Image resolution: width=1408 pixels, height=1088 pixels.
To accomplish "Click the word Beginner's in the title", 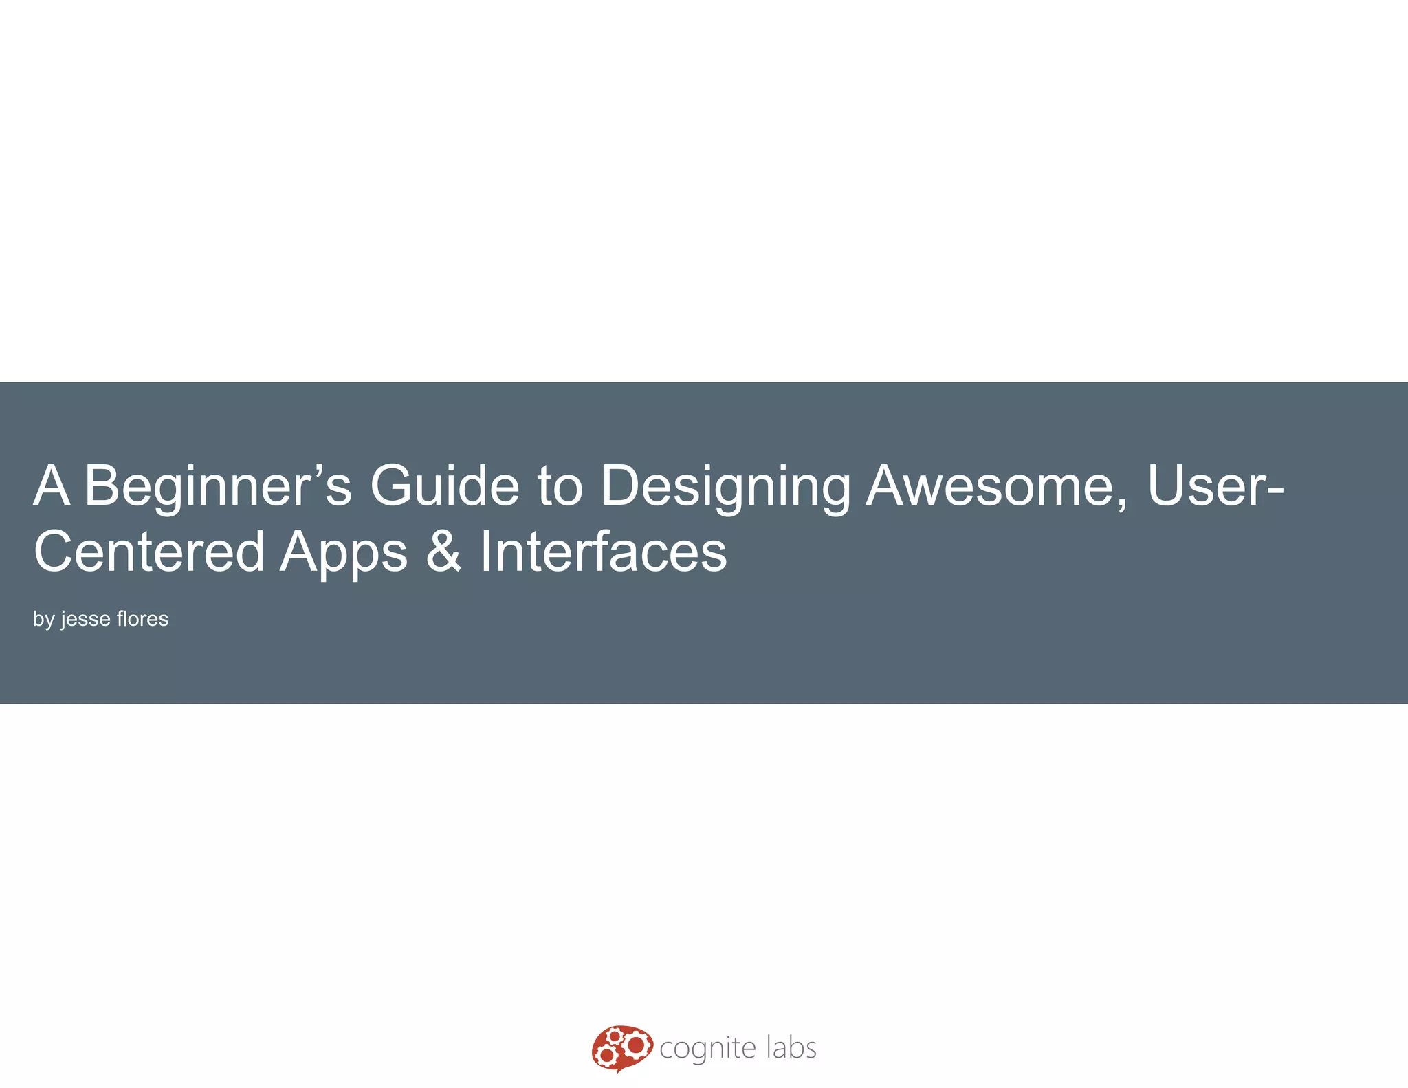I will tap(217, 486).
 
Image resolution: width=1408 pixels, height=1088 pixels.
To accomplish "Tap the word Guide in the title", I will tap(444, 486).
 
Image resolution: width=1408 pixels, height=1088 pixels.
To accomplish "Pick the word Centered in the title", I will tap(149, 552).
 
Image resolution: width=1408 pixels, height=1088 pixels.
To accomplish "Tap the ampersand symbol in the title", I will tap(443, 552).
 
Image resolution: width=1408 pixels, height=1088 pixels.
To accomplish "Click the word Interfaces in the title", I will tap(603, 552).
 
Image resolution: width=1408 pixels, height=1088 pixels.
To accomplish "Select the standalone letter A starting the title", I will tap(52, 486).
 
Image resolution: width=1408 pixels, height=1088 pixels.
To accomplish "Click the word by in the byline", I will tap(44, 620).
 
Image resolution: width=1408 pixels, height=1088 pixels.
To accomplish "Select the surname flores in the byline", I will tap(142, 619).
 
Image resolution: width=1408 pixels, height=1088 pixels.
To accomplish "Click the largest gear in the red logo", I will tap(636, 1045).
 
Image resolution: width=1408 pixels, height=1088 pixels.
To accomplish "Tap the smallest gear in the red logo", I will tap(615, 1036).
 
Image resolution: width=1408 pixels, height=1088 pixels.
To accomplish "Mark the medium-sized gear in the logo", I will tap(606, 1055).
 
